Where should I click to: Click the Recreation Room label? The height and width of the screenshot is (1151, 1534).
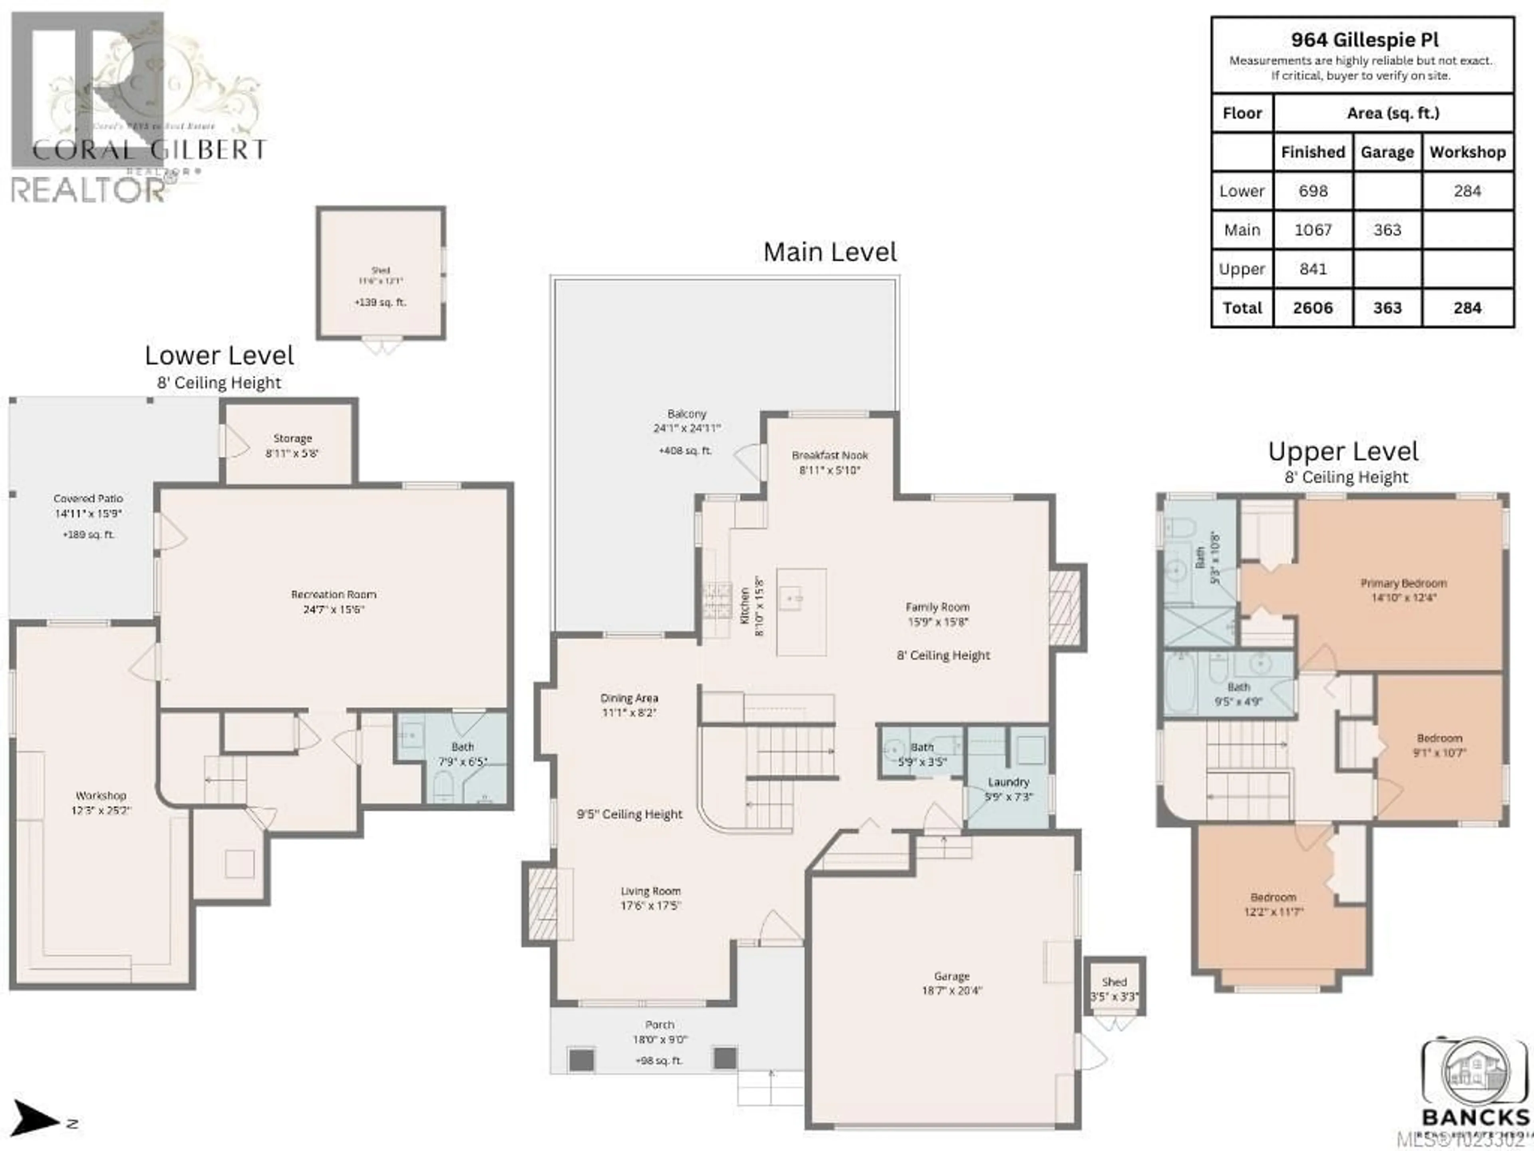[334, 595]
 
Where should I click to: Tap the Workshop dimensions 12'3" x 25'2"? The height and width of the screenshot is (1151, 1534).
[101, 810]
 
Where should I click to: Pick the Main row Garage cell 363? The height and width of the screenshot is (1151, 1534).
[1387, 230]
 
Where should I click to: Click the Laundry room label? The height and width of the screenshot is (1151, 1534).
[1008, 782]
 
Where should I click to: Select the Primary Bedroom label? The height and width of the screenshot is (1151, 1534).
[1403, 583]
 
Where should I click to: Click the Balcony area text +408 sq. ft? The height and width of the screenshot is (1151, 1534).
[685, 451]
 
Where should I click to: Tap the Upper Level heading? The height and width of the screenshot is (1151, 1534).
[1343, 452]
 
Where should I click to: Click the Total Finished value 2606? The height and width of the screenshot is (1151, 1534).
[1313, 308]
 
